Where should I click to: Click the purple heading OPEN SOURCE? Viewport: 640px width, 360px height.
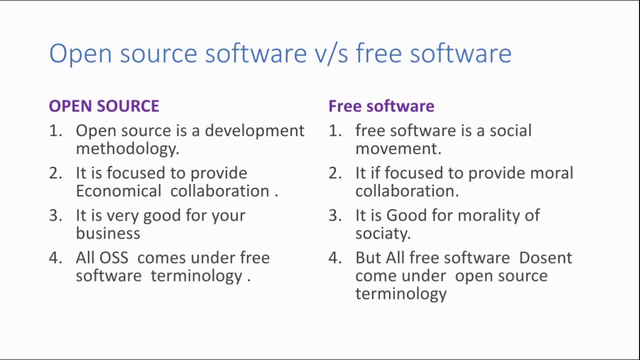pos(104,106)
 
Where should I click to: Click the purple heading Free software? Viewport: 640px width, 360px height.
pos(381,106)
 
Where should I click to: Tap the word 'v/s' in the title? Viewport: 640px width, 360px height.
pos(331,53)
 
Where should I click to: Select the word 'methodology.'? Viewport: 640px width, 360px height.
pos(127,149)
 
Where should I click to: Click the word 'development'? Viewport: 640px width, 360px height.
pos(254,131)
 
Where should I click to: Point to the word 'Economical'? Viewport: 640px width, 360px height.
pos(118,191)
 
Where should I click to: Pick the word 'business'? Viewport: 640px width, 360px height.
pos(108,233)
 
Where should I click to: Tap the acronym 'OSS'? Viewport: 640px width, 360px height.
pos(114,257)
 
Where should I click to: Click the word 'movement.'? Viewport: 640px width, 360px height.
pos(398,149)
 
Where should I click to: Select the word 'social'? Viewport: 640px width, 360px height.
pos(510,130)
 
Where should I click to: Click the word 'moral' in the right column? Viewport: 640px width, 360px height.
pos(551,173)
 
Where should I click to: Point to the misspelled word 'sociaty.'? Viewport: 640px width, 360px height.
pos(383,233)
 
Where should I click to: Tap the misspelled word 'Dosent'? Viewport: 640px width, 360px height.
pos(545,257)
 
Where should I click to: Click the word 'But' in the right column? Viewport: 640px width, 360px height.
pos(368,257)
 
